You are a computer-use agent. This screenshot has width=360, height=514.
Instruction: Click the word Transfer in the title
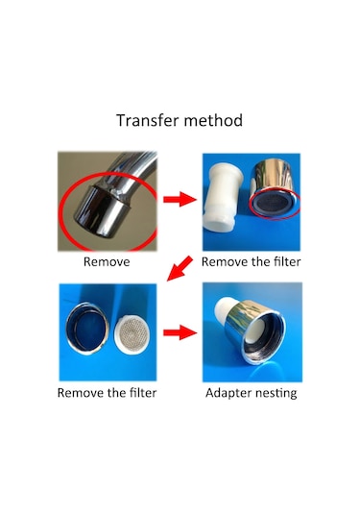click(148, 120)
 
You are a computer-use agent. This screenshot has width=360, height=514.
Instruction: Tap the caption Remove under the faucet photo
click(107, 262)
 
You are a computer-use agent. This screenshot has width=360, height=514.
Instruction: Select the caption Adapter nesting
click(252, 393)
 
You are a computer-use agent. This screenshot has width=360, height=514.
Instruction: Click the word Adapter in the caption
click(228, 393)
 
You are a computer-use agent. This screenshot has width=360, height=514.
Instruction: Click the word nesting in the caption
click(276, 393)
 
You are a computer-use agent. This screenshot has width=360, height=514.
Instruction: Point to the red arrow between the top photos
click(180, 199)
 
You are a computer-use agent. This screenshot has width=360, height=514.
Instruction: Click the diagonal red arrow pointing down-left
click(180, 268)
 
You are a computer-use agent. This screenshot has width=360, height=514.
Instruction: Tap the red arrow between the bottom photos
click(180, 332)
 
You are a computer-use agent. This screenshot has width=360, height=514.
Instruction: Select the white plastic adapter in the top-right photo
click(223, 197)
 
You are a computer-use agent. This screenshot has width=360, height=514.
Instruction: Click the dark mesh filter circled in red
click(274, 204)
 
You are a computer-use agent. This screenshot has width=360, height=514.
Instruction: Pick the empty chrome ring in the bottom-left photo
click(87, 329)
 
